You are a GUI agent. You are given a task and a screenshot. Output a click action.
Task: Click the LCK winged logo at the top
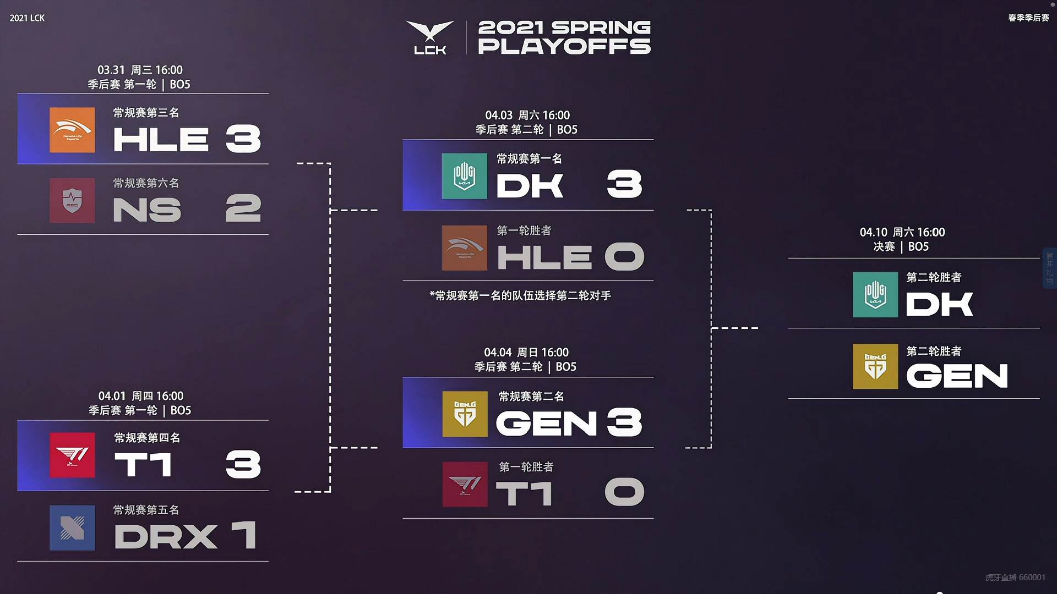pyautogui.click(x=430, y=37)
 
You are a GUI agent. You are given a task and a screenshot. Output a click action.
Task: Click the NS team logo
pyautogui.click(x=72, y=201)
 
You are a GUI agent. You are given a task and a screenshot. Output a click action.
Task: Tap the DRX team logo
pyautogui.click(x=72, y=528)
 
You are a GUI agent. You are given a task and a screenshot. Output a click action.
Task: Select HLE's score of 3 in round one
pyautogui.click(x=243, y=139)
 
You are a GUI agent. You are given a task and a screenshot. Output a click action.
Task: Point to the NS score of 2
pyautogui.click(x=243, y=208)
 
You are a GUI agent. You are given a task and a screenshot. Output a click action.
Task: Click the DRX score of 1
pyautogui.click(x=244, y=535)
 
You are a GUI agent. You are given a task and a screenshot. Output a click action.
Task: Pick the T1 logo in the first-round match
pyautogui.click(x=72, y=455)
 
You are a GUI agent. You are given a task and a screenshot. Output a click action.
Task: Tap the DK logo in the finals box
pyautogui.click(x=875, y=295)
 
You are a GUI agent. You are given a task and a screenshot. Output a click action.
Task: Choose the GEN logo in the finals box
pyautogui.click(x=875, y=366)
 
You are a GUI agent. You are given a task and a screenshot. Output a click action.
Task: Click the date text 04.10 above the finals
pyautogui.click(x=874, y=232)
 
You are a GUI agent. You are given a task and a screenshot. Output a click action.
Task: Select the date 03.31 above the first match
pyautogui.click(x=111, y=70)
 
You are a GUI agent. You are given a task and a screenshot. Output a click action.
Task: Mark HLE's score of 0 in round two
pyautogui.click(x=624, y=256)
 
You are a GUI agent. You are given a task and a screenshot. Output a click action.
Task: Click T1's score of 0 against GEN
pyautogui.click(x=624, y=492)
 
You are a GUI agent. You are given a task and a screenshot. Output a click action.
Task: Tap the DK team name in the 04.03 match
pyautogui.click(x=530, y=185)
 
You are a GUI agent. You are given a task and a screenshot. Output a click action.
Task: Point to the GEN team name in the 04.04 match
pyautogui.click(x=547, y=423)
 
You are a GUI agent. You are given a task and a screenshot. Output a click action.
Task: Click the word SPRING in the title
pyautogui.click(x=601, y=28)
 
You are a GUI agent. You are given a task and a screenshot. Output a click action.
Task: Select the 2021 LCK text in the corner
pyautogui.click(x=27, y=18)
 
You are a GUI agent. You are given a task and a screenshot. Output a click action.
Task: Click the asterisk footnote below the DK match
pyautogui.click(x=520, y=296)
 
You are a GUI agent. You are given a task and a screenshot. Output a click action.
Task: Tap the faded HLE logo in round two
pyautogui.click(x=465, y=248)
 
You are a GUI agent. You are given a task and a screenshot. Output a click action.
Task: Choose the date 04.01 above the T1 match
pyautogui.click(x=112, y=396)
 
